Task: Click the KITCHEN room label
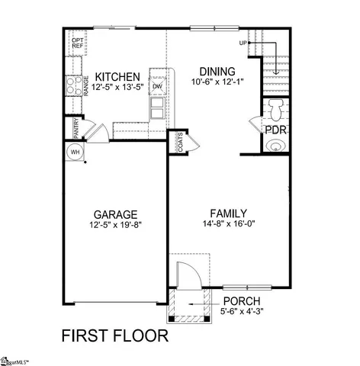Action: [117, 78]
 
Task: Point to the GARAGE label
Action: [114, 215]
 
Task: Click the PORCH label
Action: [242, 300]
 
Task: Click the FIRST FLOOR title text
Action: [114, 335]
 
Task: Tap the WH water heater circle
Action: [76, 151]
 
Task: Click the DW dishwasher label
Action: [158, 86]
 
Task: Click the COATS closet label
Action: [179, 143]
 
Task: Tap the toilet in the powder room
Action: [276, 108]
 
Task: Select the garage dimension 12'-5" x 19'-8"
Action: [114, 226]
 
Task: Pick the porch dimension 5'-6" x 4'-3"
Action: [242, 310]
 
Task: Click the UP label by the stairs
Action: [243, 43]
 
